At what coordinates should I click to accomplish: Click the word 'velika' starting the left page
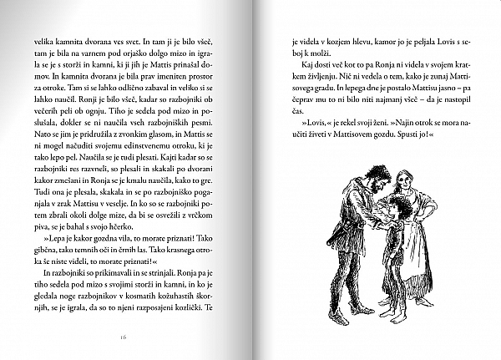coord(44,42)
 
